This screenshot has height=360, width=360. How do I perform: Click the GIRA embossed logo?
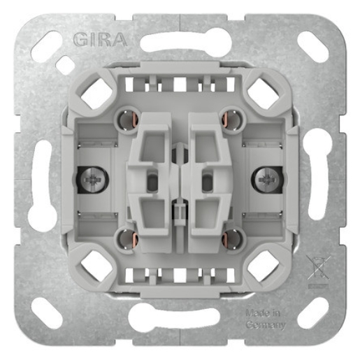point(99,37)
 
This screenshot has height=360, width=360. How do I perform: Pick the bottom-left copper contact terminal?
point(127,240)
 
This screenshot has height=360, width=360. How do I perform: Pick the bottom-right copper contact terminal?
point(231,240)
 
